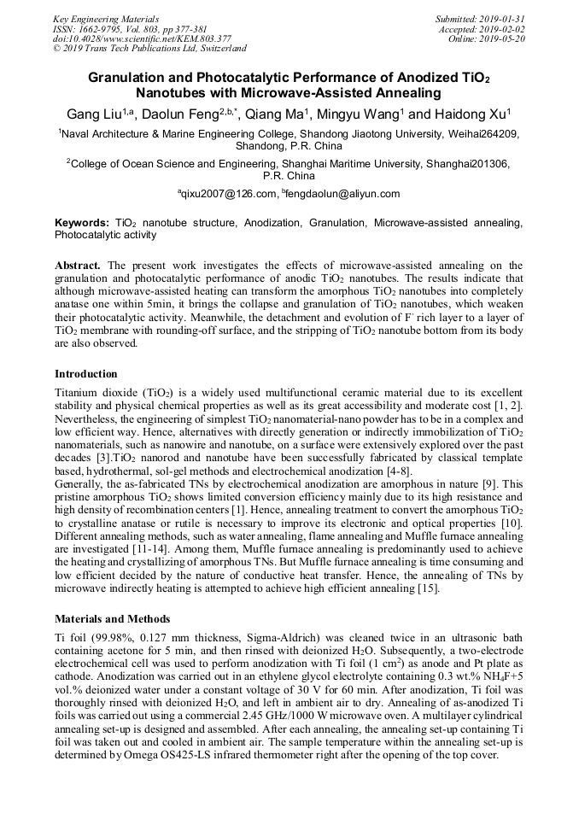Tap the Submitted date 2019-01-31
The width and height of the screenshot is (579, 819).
tap(504, 19)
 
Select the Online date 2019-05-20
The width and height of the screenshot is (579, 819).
tap(504, 39)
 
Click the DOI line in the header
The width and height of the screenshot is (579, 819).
tap(142, 39)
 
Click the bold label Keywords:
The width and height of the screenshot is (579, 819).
tap(81, 222)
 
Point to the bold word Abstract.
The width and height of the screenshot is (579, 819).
tap(79, 266)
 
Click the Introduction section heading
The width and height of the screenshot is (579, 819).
tap(86, 374)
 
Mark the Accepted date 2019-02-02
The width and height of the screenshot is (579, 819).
tap(504, 29)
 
